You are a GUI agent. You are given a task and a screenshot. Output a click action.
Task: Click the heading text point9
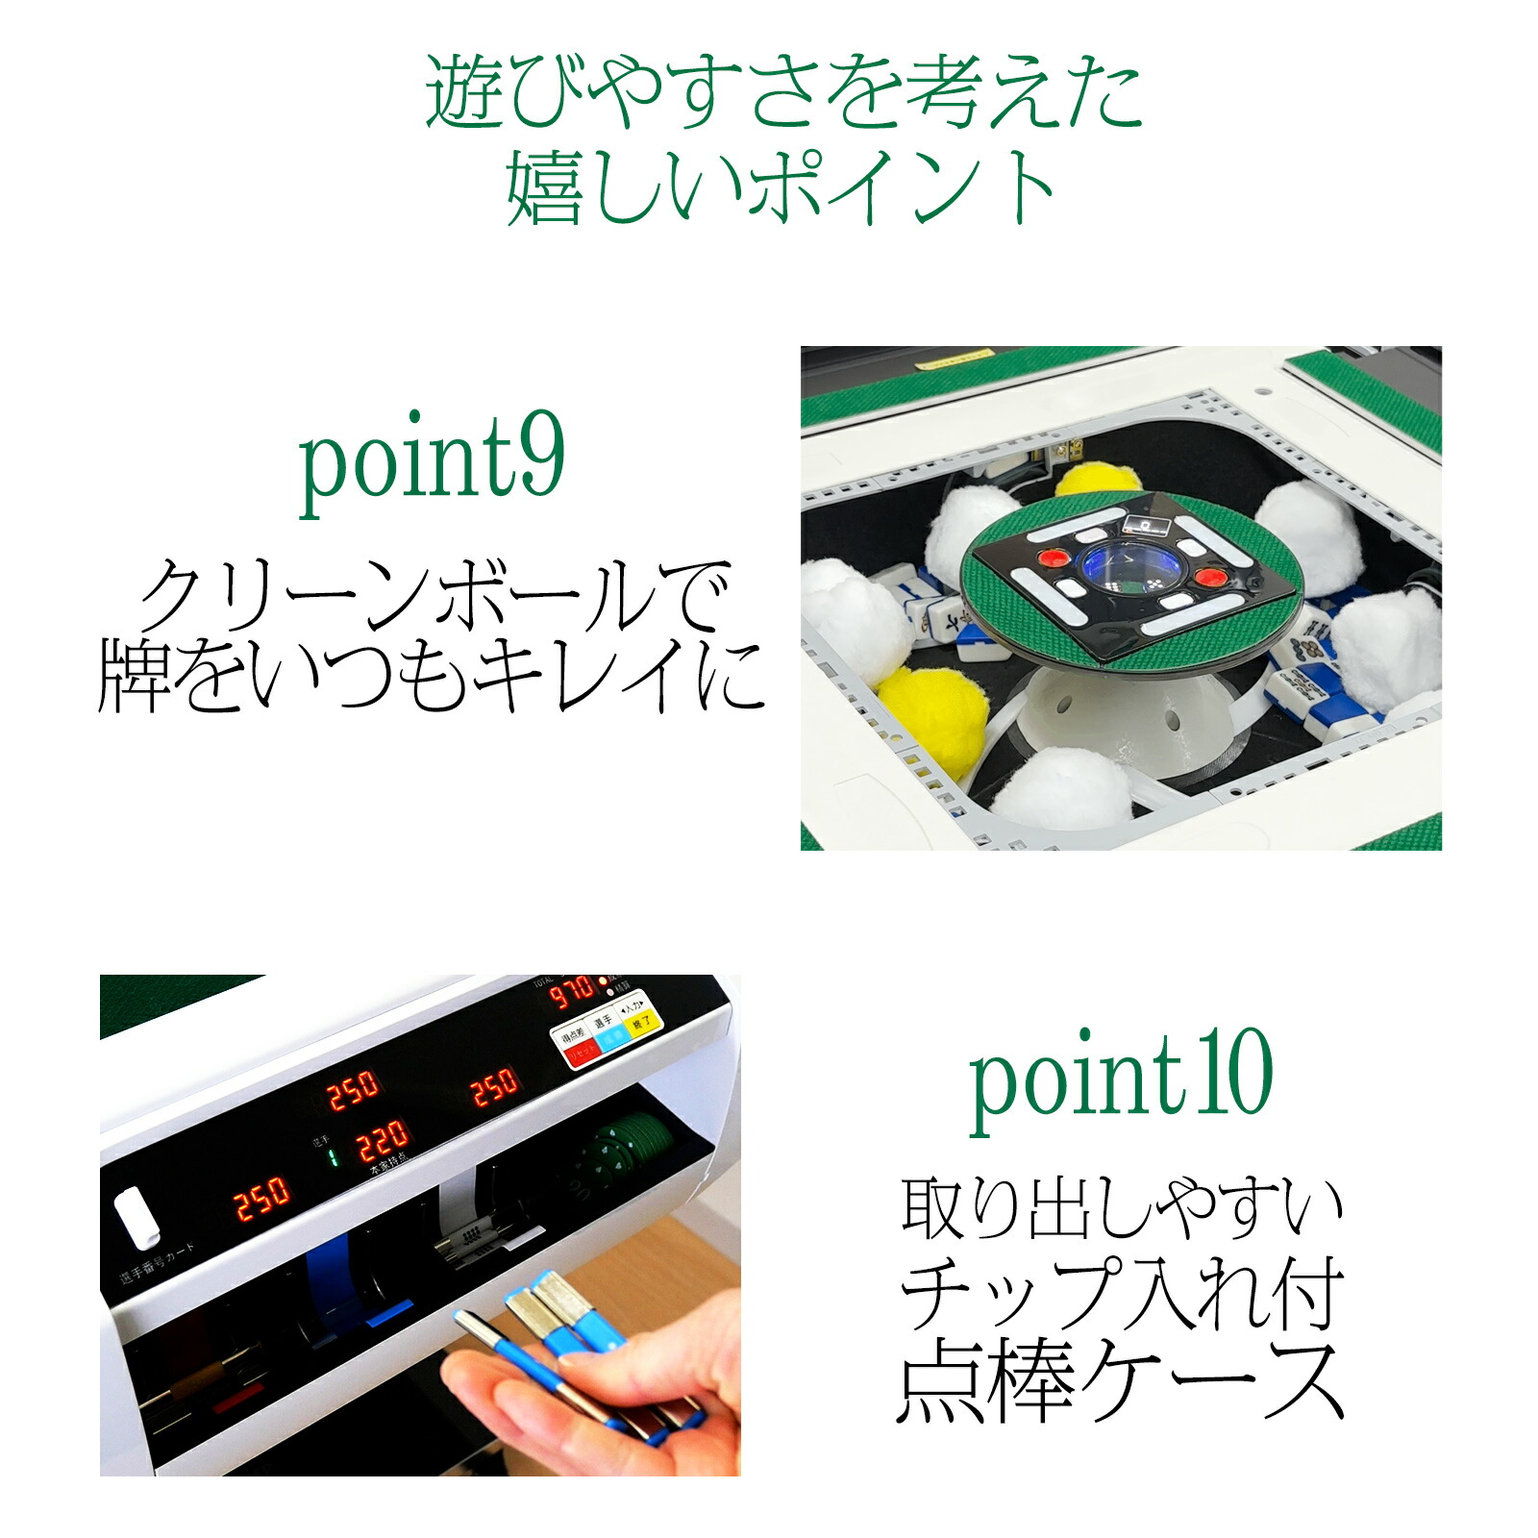point(432,464)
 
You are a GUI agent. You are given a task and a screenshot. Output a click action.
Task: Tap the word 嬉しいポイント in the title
point(781,189)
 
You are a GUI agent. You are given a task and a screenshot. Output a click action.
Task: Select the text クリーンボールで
point(432,596)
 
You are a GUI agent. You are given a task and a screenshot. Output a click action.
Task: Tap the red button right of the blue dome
point(1209,578)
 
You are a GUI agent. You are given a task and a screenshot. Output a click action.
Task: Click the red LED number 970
point(571,991)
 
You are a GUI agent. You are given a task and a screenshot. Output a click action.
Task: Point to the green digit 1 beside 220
point(332,1156)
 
